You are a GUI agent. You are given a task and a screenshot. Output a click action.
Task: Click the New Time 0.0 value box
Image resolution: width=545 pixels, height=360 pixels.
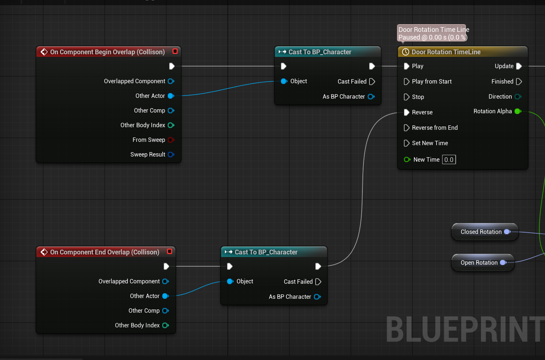[449, 159]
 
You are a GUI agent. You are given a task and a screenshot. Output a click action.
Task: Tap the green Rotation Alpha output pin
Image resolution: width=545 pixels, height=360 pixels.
[518, 111]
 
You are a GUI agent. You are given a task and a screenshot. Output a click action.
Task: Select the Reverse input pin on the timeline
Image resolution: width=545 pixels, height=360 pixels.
[406, 112]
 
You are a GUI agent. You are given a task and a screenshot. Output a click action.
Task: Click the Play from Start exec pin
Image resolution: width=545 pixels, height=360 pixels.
[406, 82]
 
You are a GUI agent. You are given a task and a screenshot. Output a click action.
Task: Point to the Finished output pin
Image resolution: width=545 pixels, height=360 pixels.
[519, 82]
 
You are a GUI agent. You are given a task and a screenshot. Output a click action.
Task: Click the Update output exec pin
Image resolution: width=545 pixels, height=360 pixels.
[519, 66]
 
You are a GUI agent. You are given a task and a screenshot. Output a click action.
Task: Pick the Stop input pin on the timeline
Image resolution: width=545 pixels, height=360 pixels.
[406, 97]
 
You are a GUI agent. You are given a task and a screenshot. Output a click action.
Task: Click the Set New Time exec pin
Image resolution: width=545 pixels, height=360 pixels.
[406, 143]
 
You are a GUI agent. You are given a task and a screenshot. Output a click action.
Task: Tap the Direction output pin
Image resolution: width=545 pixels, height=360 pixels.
[518, 97]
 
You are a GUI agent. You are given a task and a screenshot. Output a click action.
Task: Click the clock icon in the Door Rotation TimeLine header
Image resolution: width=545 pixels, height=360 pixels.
[405, 52]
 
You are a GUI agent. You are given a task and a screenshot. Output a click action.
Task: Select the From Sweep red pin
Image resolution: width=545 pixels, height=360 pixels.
[171, 140]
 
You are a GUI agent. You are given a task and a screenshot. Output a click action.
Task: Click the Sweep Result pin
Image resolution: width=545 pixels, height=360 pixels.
[171, 154]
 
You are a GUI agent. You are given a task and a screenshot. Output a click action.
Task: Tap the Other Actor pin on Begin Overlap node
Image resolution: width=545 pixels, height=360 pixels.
[171, 96]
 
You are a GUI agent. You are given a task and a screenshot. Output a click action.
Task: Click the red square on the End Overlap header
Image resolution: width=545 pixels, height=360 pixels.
[170, 251]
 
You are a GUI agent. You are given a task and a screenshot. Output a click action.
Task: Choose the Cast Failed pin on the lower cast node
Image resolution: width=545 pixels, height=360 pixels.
[318, 282]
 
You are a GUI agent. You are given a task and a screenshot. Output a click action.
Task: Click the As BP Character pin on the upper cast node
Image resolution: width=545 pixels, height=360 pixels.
[371, 97]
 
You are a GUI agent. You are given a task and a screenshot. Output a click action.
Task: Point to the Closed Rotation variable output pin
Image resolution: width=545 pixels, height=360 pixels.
[507, 232]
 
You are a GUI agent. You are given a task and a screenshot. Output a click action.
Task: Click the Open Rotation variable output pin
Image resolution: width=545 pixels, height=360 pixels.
[503, 262]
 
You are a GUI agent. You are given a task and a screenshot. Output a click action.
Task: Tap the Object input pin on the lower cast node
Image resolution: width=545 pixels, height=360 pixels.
[230, 281]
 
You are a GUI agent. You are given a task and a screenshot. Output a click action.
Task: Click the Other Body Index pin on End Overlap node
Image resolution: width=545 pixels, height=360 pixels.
[166, 326]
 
